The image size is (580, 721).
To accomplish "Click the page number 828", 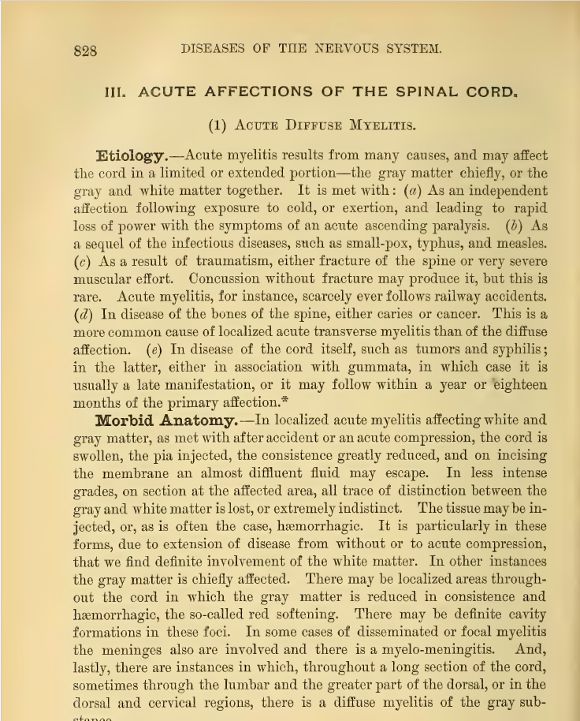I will click(x=84, y=50).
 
